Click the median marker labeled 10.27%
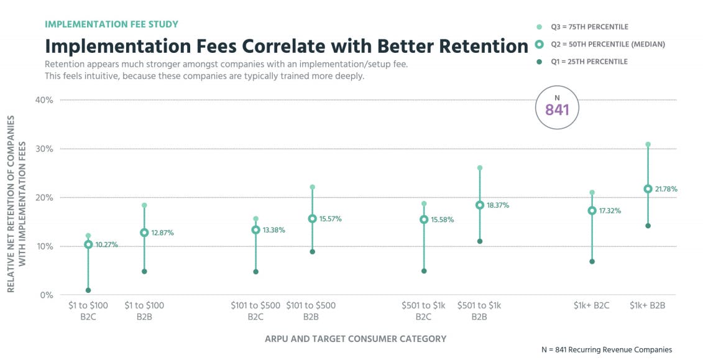point(88,244)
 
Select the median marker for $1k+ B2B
point(648,189)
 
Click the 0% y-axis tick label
point(45,295)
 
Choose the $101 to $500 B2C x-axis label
point(255,311)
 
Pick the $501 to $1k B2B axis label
point(479,311)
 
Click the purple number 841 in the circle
point(557,110)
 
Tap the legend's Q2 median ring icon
point(539,44)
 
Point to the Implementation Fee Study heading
point(111,24)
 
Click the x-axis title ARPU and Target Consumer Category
point(356,339)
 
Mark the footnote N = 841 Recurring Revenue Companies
point(607,349)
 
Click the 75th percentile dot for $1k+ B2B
point(648,144)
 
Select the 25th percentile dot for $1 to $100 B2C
point(88,290)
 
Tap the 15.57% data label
point(329,219)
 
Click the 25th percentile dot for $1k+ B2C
point(592,262)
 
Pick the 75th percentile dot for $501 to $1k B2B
point(480,168)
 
